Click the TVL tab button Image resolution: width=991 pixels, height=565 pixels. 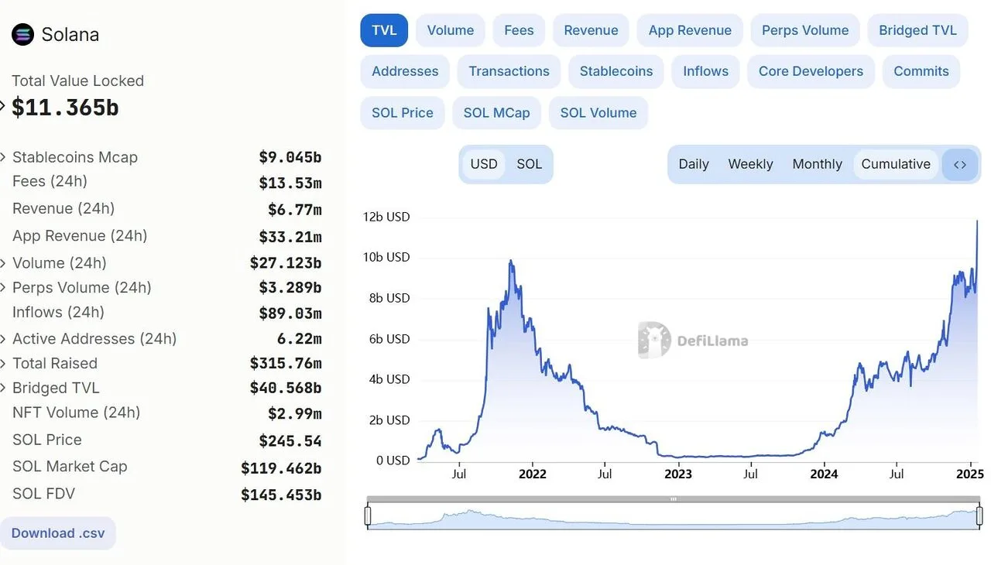[384, 30]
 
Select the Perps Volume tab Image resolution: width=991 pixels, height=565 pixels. [804, 30]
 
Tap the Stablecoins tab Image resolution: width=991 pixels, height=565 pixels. [616, 71]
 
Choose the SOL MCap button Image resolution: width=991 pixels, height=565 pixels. [496, 112]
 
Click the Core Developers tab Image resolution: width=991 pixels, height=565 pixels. [810, 71]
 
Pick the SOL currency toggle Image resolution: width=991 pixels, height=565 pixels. [529, 164]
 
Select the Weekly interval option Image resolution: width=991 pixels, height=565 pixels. [749, 164]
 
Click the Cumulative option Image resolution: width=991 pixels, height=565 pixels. [895, 164]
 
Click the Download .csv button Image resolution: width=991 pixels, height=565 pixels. [58, 533]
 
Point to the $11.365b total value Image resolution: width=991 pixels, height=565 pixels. [65, 108]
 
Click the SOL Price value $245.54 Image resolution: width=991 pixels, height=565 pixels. [290, 441]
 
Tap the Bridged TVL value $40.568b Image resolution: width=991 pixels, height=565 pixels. [285, 388]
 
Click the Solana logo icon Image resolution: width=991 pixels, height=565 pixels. [22, 34]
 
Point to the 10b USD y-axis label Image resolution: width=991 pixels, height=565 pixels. [386, 257]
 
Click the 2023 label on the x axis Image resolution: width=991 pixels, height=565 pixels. [678, 474]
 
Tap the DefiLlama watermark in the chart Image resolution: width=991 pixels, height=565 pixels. [693, 341]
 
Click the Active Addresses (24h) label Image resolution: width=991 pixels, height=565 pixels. [94, 338]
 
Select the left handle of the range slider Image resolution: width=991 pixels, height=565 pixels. [368, 515]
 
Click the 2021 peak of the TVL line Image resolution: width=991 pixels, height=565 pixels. [510, 262]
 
